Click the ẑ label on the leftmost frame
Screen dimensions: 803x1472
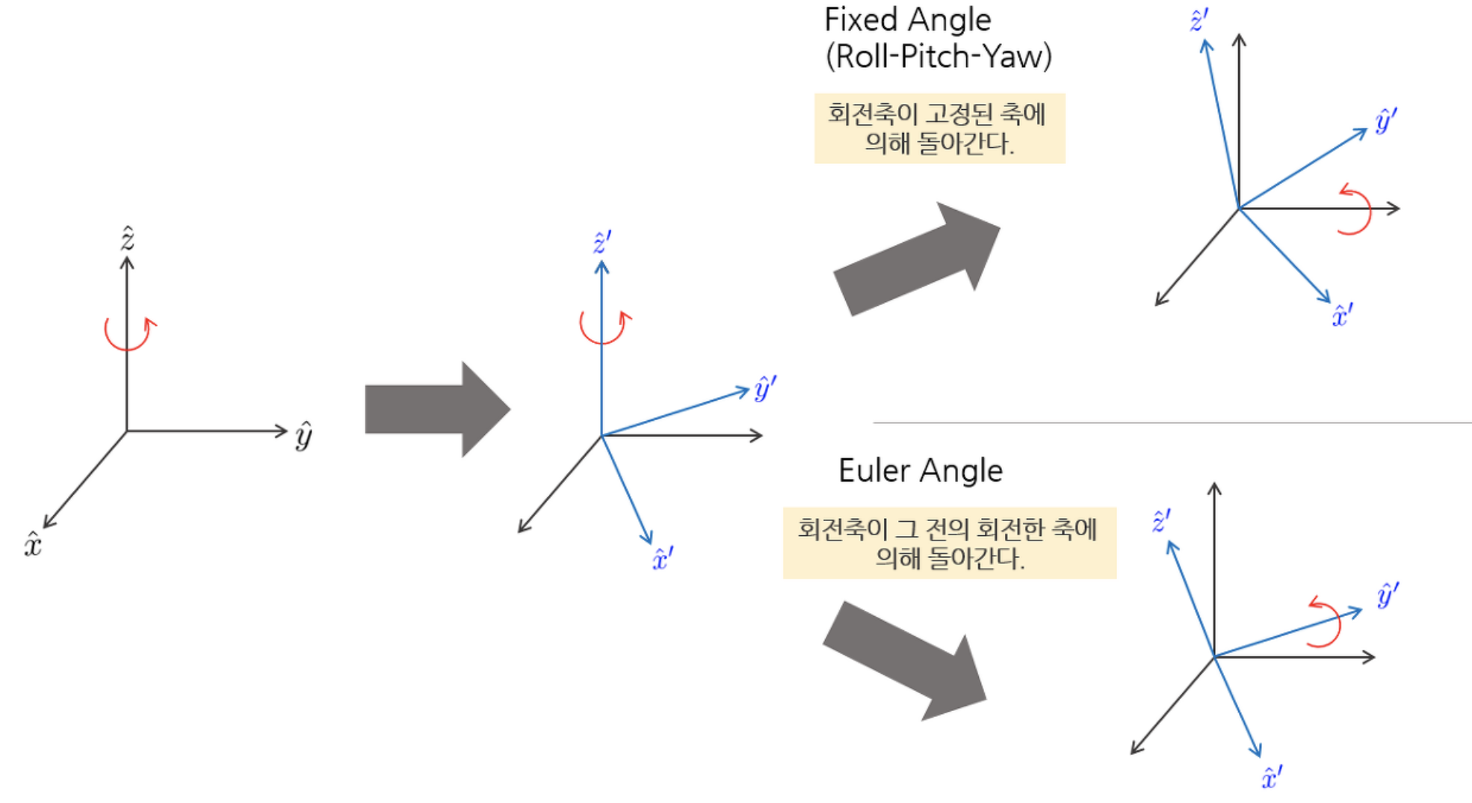coord(128,239)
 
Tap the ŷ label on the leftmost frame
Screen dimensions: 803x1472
coord(303,435)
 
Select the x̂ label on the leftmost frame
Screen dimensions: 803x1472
coord(33,544)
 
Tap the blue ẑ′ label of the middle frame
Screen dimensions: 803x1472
coord(602,243)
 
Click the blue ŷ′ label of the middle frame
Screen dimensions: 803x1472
coord(764,388)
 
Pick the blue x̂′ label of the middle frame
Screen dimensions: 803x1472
coord(662,559)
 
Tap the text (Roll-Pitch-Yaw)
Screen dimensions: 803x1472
coord(938,57)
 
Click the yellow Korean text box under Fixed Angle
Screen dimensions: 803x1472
coord(939,129)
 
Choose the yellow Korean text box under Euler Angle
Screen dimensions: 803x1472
coord(949,543)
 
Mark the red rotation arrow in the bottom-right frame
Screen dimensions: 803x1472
coord(1326,622)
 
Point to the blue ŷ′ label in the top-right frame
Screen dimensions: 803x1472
coord(1385,120)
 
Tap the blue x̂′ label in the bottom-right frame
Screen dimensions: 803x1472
coord(1271,778)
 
